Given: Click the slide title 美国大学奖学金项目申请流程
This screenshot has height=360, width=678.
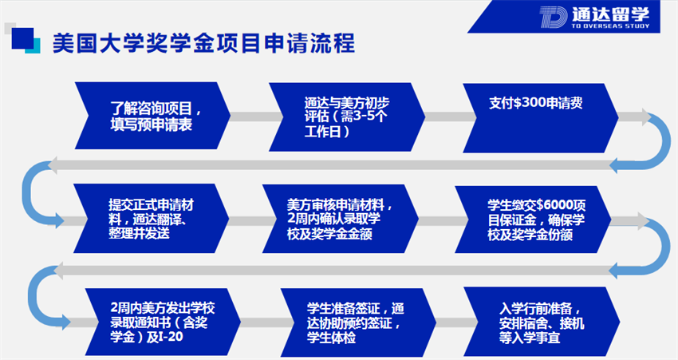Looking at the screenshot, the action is tap(203, 43).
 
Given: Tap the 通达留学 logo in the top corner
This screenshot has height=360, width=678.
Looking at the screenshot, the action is tap(594, 17).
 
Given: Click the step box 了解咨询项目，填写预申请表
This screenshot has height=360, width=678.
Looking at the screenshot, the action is tap(152, 116).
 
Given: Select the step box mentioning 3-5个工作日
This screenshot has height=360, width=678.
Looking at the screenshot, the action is tap(347, 117).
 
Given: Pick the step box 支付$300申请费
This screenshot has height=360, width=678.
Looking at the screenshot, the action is tap(541, 117).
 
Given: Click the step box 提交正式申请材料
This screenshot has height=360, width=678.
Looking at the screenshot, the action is tap(152, 219).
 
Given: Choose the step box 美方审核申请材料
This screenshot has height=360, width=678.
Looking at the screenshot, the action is tap(341, 219).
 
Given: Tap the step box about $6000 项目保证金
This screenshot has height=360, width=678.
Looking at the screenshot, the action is tap(533, 220).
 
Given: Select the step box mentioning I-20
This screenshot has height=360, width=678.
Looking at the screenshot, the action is tap(163, 322).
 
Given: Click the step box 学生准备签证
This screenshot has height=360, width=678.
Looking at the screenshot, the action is tap(358, 322).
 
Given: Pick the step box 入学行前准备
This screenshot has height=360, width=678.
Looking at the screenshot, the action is tap(542, 322).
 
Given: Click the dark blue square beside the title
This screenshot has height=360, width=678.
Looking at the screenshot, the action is tap(22, 38).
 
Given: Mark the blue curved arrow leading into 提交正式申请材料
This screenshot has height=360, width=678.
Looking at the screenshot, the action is tap(25, 192).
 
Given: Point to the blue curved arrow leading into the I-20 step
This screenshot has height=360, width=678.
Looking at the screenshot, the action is tap(31, 296).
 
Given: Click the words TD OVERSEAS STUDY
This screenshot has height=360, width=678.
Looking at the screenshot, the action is tap(610, 26).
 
